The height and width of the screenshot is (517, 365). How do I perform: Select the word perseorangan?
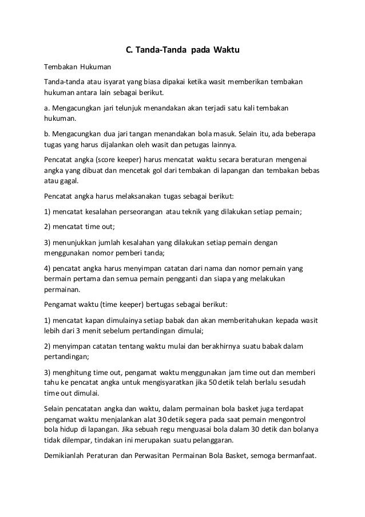(137, 211)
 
